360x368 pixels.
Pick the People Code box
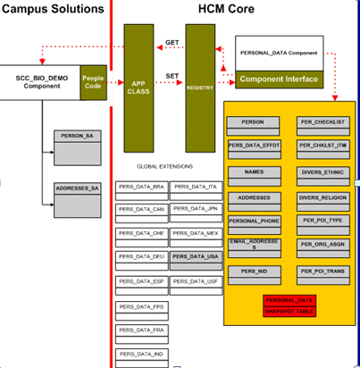tap(93, 78)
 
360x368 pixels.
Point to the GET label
tap(172, 42)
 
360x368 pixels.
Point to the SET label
tap(172, 77)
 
